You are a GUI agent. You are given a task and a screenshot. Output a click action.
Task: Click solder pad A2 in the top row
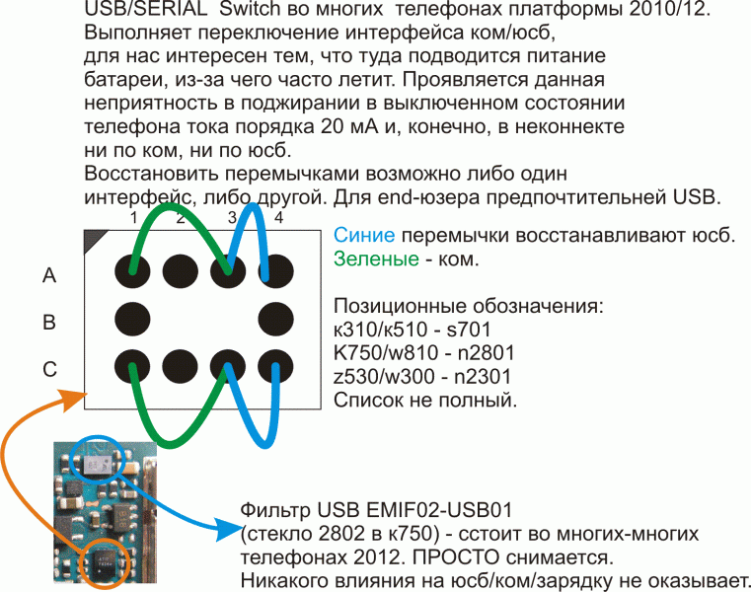click(180, 271)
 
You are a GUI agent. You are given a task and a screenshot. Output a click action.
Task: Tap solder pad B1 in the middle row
click(132, 320)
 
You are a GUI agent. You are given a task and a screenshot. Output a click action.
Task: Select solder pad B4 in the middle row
click(275, 320)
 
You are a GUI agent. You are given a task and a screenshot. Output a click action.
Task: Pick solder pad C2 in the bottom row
click(180, 367)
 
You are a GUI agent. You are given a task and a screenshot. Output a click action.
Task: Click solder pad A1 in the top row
click(132, 271)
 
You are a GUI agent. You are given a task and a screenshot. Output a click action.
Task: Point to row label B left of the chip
click(49, 323)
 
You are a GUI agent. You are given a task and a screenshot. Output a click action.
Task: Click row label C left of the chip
click(49, 369)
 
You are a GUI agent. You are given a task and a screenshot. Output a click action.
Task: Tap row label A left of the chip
click(49, 275)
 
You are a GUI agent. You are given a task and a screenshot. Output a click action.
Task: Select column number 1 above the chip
click(133, 218)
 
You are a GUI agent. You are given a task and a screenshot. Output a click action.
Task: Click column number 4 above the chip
click(278, 218)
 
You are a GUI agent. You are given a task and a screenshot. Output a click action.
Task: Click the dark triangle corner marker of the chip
click(93, 239)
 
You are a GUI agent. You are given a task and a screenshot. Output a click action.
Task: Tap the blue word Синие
click(364, 235)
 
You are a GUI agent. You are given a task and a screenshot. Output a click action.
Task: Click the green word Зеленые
click(376, 259)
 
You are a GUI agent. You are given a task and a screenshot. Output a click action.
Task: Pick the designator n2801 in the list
click(486, 353)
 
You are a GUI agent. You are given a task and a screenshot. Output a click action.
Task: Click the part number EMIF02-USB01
click(439, 510)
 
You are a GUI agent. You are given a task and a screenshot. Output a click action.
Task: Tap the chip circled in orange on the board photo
click(104, 561)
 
